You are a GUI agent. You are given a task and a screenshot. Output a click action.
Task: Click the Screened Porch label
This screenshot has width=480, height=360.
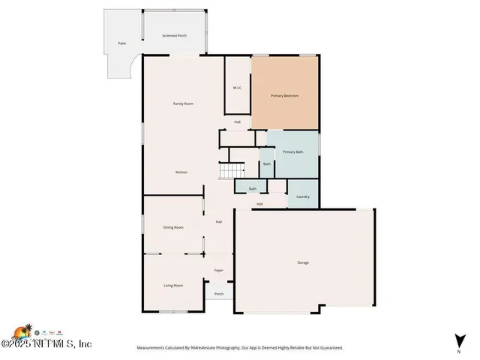175,36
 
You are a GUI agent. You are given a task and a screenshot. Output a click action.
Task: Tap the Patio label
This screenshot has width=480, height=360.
121,44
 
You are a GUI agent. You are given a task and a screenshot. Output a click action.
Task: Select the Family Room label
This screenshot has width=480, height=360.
184,103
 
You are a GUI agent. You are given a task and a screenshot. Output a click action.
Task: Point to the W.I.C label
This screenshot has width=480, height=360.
237,88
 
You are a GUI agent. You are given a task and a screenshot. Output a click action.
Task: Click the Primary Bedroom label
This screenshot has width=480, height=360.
285,96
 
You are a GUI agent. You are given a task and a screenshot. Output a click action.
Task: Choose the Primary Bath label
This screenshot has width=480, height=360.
293,152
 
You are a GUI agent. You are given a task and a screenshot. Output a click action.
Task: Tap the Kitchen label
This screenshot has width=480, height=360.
181,172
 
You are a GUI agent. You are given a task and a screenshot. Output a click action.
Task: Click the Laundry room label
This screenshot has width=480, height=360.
303,196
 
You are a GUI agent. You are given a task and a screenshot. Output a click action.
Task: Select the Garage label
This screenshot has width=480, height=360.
303,262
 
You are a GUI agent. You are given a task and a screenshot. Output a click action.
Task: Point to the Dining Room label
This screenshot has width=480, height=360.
173,227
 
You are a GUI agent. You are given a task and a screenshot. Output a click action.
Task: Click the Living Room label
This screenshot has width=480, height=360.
173,285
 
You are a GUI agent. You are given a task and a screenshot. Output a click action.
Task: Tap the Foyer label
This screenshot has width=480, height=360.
219,270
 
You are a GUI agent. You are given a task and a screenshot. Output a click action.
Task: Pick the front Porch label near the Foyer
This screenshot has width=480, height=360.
219,294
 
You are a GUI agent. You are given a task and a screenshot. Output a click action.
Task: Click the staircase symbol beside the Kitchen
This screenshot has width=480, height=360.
227,172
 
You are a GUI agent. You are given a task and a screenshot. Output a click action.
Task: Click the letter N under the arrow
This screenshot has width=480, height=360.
458,351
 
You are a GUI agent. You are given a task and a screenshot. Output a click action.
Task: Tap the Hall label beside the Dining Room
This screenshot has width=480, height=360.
219,222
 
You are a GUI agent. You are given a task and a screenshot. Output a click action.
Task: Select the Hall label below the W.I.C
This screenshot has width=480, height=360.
237,121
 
